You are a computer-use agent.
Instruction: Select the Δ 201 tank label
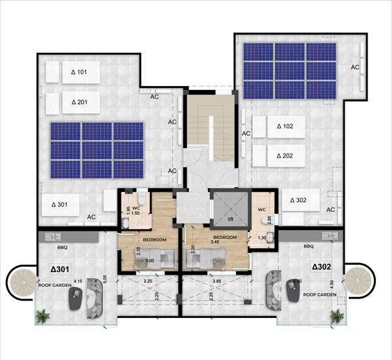(79, 103)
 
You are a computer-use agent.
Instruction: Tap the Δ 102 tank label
(285, 126)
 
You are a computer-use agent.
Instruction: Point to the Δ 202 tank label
(285, 156)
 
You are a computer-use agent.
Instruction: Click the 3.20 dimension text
(149, 279)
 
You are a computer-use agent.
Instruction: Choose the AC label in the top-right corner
(355, 67)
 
